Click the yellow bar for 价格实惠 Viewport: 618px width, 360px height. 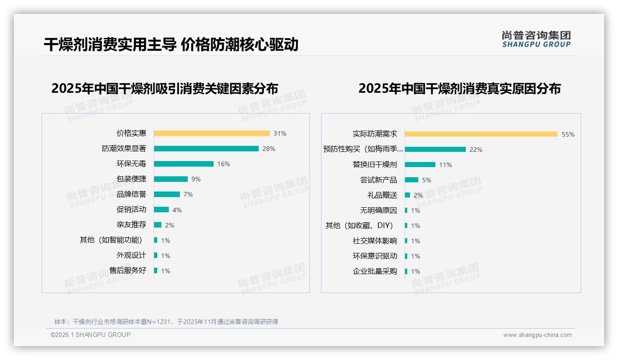(212, 133)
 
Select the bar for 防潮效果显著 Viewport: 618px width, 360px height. (206, 149)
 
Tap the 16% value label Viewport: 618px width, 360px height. (224, 164)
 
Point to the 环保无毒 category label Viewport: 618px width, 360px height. (131, 164)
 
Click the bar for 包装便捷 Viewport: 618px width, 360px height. (171, 179)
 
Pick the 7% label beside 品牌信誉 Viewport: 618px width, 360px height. (188, 194)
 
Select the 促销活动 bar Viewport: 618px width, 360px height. (161, 210)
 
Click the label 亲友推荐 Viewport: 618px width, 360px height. (131, 225)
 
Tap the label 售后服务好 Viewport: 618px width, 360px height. (128, 270)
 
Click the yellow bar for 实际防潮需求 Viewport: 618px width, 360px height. (481, 134)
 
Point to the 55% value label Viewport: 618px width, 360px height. (568, 134)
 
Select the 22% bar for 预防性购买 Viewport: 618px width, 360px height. (435, 150)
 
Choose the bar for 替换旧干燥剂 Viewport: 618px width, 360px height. (420, 165)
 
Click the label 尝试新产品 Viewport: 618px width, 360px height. (378, 180)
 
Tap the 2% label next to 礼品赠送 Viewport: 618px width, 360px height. (418, 195)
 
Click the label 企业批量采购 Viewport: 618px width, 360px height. (374, 271)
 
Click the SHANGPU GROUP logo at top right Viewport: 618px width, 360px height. (536, 39)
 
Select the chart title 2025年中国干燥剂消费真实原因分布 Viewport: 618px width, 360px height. (459, 89)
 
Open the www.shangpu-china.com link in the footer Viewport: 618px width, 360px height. (537, 335)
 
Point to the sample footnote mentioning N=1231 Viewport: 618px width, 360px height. (166, 322)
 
